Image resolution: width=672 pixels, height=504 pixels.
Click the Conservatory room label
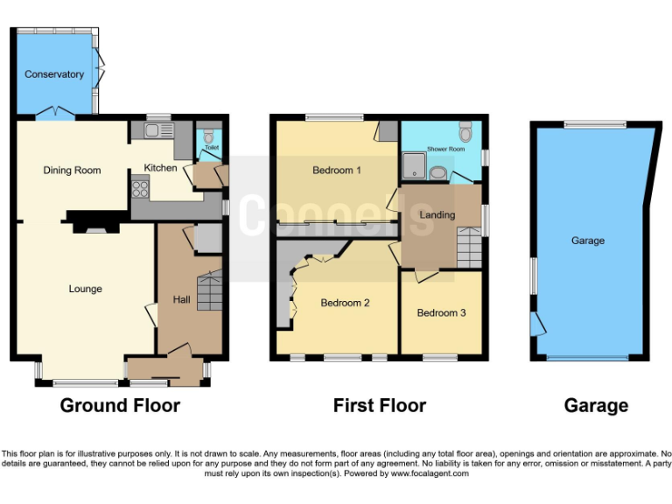(54, 74)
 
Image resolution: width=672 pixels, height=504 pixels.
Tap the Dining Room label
(73, 171)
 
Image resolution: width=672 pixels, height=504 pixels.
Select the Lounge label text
(86, 289)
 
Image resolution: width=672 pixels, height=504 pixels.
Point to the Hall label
(181, 300)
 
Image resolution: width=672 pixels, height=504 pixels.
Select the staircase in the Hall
(209, 291)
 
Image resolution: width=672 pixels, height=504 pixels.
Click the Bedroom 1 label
(337, 171)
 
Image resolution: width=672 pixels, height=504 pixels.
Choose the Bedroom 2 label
(345, 304)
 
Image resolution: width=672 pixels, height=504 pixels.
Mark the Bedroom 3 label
(441, 313)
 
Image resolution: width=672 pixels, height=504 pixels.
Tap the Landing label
(437, 215)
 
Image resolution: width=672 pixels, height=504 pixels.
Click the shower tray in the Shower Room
(412, 164)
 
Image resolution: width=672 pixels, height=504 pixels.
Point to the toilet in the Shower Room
(465, 134)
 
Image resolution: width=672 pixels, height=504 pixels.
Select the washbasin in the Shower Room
(437, 172)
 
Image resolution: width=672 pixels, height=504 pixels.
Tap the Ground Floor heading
(120, 406)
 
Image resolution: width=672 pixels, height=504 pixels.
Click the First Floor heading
(380, 406)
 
